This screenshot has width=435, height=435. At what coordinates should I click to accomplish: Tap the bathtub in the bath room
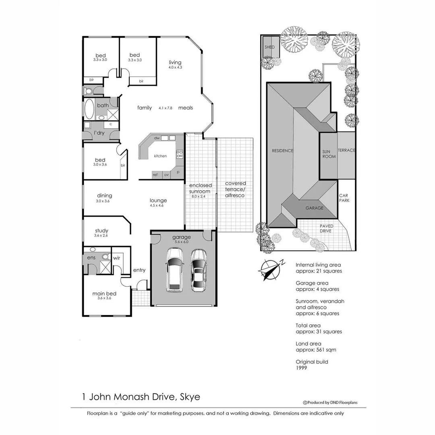(89, 109)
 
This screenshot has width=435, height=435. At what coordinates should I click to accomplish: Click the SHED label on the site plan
(269, 47)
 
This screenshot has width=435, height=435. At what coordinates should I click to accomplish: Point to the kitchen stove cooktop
(180, 154)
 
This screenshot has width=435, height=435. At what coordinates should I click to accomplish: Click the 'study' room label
(101, 231)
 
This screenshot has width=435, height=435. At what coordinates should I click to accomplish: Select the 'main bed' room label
(104, 294)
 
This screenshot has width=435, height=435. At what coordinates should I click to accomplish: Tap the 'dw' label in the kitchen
(157, 138)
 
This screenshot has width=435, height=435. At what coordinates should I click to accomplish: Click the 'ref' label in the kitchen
(155, 174)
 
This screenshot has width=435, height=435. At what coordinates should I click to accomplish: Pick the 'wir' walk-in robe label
(116, 257)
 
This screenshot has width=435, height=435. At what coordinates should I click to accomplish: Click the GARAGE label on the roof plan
(314, 208)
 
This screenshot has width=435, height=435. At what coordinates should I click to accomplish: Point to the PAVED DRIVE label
(327, 229)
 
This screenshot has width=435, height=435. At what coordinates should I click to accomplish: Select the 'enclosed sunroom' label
(200, 188)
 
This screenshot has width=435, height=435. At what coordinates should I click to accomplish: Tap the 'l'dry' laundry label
(99, 133)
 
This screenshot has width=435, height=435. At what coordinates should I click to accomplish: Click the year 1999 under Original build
(301, 368)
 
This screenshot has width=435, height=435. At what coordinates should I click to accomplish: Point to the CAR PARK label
(344, 198)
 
